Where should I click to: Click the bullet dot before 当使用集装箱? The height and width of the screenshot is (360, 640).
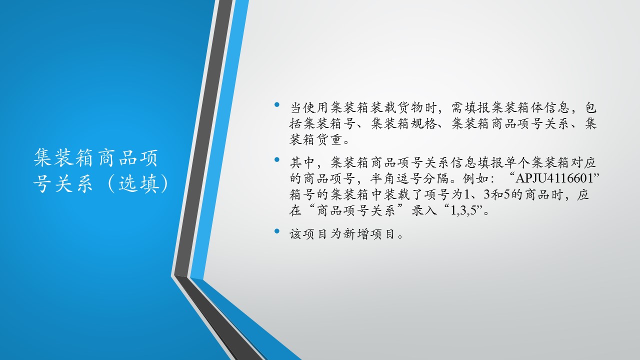point(276,104)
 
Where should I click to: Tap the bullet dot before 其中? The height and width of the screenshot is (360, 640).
point(276,159)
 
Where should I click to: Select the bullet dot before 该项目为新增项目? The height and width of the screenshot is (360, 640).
point(276,231)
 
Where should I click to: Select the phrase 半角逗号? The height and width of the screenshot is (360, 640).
point(396,178)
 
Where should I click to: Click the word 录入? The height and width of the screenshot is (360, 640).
point(424,211)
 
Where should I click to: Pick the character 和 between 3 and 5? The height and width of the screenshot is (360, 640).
point(497,194)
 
